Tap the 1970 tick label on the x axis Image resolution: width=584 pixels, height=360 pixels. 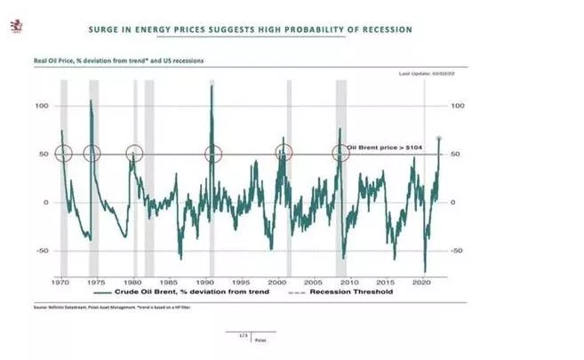tap(61, 280)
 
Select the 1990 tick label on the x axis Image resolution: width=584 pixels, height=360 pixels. tap(211, 280)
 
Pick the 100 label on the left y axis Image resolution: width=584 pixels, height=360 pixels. tap(40, 106)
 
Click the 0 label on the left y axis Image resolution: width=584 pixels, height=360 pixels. tap(44, 203)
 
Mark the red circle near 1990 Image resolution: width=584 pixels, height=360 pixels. tap(212, 153)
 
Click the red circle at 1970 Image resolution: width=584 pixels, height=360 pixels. tap(62, 153)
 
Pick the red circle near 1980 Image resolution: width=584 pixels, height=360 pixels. tap(134, 153)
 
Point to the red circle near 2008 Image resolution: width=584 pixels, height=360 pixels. tap(340, 153)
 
